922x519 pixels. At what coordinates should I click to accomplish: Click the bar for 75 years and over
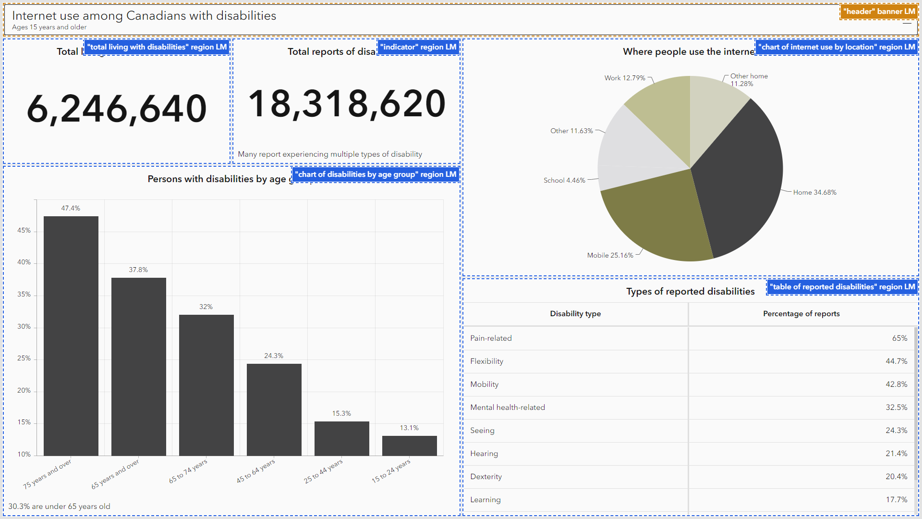pyautogui.click(x=71, y=336)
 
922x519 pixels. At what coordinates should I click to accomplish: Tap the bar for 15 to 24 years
pyautogui.click(x=410, y=445)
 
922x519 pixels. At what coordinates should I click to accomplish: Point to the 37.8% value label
pyautogui.click(x=138, y=270)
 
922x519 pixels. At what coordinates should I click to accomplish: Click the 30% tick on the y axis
pyautogui.click(x=24, y=326)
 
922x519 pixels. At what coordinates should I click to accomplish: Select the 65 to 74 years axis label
pyautogui.click(x=188, y=471)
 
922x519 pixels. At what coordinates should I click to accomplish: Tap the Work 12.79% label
pyautogui.click(x=625, y=78)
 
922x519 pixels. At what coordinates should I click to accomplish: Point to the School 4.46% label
pyautogui.click(x=564, y=180)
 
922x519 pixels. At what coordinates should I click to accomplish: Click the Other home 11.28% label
pyautogui.click(x=748, y=80)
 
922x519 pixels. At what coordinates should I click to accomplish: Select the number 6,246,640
pyautogui.click(x=117, y=109)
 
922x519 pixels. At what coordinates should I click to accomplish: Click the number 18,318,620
pyautogui.click(x=347, y=103)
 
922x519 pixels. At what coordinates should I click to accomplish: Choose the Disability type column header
pyautogui.click(x=575, y=314)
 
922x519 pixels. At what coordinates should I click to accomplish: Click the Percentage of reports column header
pyautogui.click(x=801, y=314)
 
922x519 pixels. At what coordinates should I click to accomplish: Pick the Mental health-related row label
pyautogui.click(x=508, y=408)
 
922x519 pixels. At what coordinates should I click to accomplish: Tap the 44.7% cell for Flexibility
pyautogui.click(x=896, y=361)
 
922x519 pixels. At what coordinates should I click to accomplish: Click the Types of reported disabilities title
pyautogui.click(x=690, y=291)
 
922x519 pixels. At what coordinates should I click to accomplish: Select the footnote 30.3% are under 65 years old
pyautogui.click(x=59, y=506)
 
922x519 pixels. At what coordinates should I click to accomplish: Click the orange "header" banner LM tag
pyautogui.click(x=879, y=12)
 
